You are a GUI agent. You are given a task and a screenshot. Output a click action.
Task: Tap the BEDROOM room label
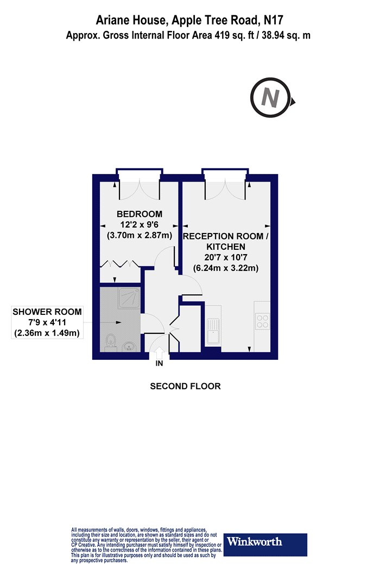140,214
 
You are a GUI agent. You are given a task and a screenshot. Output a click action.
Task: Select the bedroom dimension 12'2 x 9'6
140,224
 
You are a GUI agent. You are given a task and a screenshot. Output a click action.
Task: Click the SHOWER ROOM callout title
47,312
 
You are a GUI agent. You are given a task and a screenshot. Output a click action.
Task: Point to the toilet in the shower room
111,342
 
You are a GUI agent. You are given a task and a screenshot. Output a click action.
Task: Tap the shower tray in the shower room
129,298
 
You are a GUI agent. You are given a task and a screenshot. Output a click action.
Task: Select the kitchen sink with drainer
213,331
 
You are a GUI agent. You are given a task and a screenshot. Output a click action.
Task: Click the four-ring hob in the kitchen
262,321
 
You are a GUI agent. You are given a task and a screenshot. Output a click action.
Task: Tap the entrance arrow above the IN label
159,353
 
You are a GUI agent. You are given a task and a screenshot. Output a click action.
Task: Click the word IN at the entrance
159,363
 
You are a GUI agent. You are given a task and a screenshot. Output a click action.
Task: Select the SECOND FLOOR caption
186,386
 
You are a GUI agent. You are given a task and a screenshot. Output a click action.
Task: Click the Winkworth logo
265,545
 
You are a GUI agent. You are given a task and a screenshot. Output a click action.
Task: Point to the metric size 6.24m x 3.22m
225,268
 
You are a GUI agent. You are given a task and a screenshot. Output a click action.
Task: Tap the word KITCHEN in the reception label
226,247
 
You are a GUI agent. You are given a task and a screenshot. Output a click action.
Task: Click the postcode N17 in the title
273,20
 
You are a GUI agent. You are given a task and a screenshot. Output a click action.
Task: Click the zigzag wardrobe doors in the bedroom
120,264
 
